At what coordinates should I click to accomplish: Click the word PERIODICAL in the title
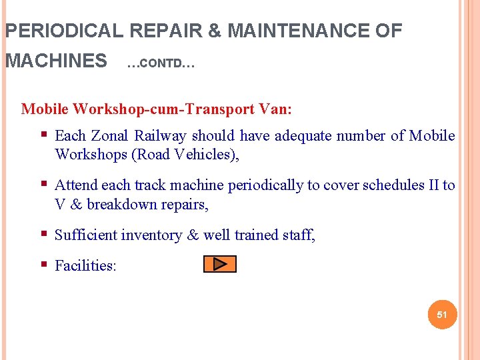(63, 31)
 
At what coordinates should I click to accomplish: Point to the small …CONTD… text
(160, 65)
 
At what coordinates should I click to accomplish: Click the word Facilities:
(85, 266)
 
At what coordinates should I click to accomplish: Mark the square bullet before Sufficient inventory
(44, 235)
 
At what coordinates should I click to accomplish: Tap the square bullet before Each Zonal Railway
(44, 135)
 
